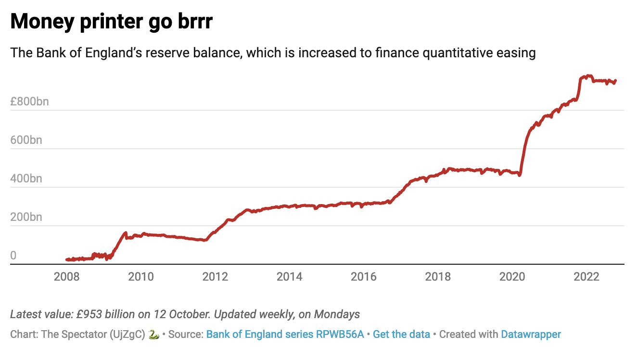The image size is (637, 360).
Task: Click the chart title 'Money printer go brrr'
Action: click(111, 22)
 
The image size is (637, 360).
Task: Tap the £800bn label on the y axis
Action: click(29, 102)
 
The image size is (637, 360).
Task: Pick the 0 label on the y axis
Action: click(13, 256)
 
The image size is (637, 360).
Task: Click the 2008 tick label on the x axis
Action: click(67, 276)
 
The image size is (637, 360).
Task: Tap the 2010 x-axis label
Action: click(141, 276)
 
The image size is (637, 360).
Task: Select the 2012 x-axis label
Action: click(215, 276)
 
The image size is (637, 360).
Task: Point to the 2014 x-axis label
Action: click(290, 276)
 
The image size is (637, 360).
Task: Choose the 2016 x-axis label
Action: click(364, 276)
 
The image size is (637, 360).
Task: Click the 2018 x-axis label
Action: click(438, 276)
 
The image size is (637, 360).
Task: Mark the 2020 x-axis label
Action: click(512, 276)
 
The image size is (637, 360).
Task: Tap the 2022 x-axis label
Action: click(586, 276)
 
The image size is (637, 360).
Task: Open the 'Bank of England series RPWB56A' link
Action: click(285, 334)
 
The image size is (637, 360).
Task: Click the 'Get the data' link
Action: click(401, 334)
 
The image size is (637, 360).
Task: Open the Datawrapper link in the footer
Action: click(531, 334)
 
